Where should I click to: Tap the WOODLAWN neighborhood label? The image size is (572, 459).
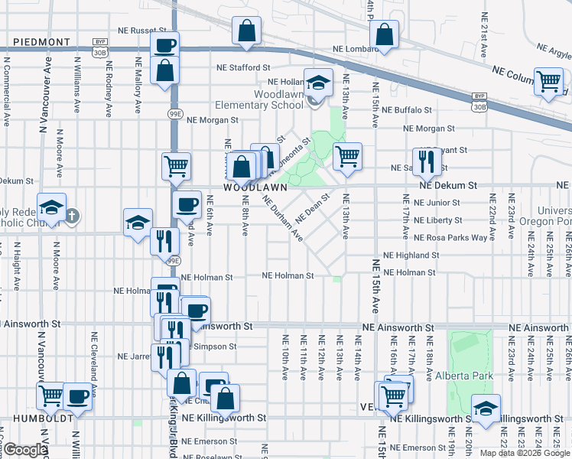255,187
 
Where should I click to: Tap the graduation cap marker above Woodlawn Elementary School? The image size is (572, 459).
318,82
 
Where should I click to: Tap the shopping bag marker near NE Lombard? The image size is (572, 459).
384,34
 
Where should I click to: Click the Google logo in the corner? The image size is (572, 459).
24,450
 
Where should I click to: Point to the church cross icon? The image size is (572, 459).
71,216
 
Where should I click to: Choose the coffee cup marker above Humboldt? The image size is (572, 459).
76,396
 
